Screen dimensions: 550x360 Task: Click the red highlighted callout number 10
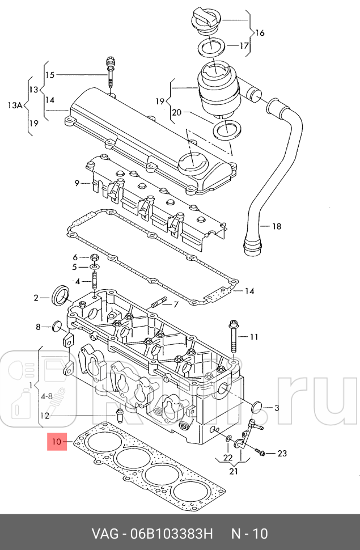[57, 441]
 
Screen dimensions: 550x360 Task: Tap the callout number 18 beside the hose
[276, 227]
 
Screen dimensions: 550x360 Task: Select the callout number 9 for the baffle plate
[77, 183]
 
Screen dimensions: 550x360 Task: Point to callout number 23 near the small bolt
[282, 453]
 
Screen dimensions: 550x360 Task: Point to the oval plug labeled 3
[257, 407]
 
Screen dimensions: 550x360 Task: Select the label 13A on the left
[15, 104]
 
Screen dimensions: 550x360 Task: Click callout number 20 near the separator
[177, 113]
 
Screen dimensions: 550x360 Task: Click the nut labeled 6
[94, 257]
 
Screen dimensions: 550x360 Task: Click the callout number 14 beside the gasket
[249, 291]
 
